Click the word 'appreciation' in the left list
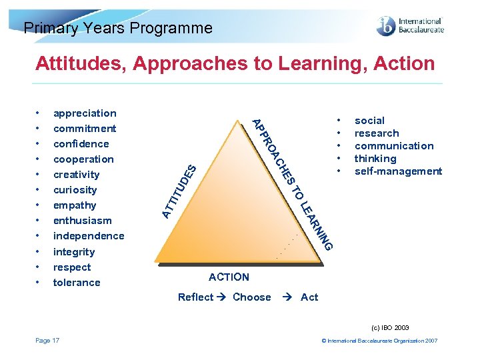[85, 113]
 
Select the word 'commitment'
[85, 129]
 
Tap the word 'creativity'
[76, 175]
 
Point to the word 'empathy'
[75, 205]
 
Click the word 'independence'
[89, 236]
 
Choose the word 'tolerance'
[77, 283]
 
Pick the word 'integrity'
[74, 252]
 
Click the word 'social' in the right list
[369, 121]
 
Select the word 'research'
[377, 133]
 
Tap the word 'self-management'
[398, 171]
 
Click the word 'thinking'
[375, 159]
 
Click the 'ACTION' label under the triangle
[229, 277]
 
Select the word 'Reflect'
[195, 297]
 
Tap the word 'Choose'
[252, 297]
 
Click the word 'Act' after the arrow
[309, 297]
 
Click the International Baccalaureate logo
[410, 26]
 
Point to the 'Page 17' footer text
[47, 341]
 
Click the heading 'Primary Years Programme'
[118, 28]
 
